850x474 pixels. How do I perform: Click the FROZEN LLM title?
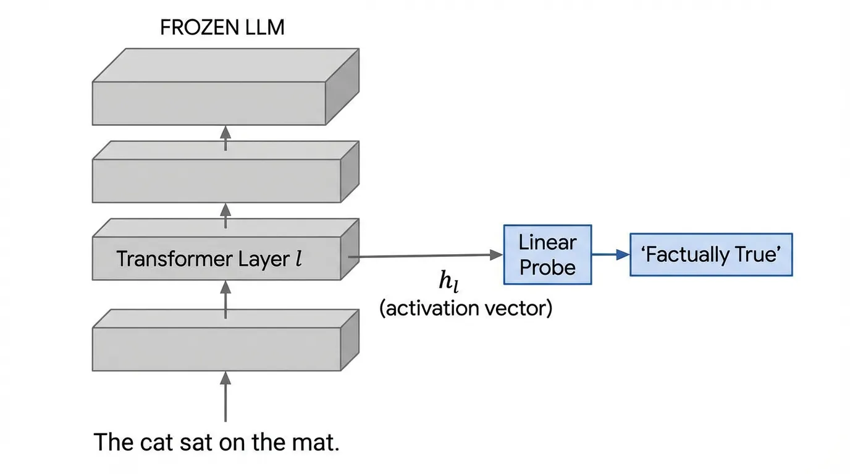222,28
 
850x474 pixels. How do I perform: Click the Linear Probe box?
547,254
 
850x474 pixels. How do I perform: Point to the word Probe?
547,267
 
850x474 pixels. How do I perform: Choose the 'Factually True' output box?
710,254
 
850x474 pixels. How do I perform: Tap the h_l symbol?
448,282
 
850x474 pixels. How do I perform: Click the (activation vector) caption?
465,307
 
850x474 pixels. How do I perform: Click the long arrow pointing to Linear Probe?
426,255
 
